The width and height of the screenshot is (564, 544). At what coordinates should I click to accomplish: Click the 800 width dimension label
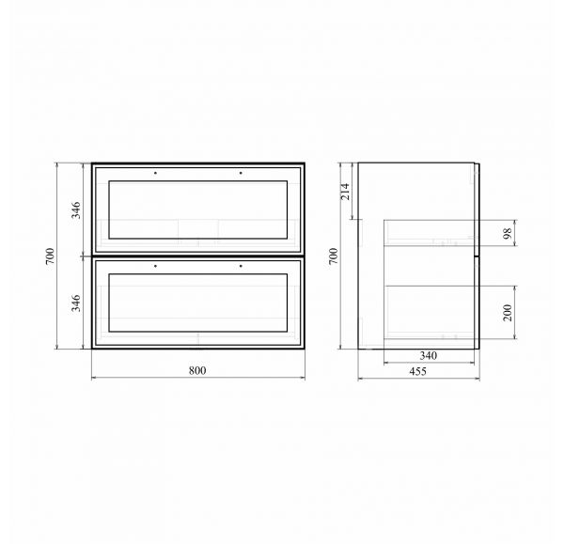click(197, 370)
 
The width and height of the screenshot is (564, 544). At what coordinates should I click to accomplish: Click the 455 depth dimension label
click(417, 371)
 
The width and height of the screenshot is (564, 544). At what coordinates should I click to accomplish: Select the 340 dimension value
click(428, 355)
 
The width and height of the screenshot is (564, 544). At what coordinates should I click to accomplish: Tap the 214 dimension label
click(345, 192)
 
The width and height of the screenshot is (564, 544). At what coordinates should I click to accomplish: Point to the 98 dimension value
click(508, 234)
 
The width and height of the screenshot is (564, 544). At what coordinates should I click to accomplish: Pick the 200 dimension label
click(508, 313)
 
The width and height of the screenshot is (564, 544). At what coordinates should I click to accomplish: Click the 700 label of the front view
click(50, 256)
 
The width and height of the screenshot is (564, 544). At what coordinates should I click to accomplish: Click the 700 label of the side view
click(334, 256)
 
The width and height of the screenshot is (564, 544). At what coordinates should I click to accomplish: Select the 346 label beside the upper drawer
click(76, 210)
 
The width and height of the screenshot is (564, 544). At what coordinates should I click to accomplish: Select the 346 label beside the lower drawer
click(76, 303)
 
